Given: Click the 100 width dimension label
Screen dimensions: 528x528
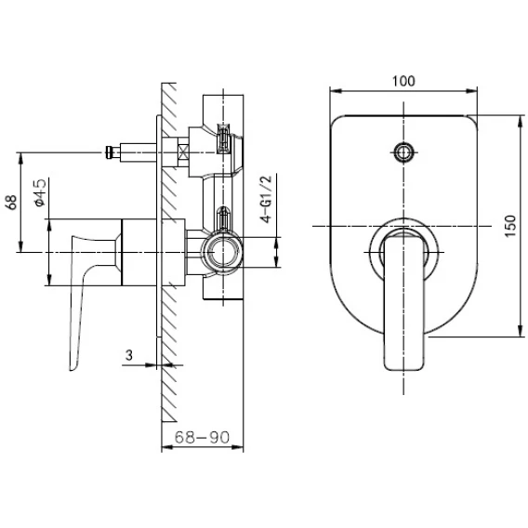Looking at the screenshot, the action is [403, 81].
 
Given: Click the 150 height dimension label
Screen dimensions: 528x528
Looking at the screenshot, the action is [510, 226].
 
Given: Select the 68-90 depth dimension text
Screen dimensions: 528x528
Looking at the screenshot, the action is [202, 438].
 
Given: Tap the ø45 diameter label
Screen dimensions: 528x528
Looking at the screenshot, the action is [40, 192].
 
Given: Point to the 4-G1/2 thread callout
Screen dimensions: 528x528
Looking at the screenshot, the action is [266, 199].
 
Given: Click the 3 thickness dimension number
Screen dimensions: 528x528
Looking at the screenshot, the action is [129, 355].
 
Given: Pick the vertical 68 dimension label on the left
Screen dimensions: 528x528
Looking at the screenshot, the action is [11, 202].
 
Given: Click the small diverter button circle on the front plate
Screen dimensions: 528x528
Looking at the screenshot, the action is [403, 152].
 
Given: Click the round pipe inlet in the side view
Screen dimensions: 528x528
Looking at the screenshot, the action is [221, 252].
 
